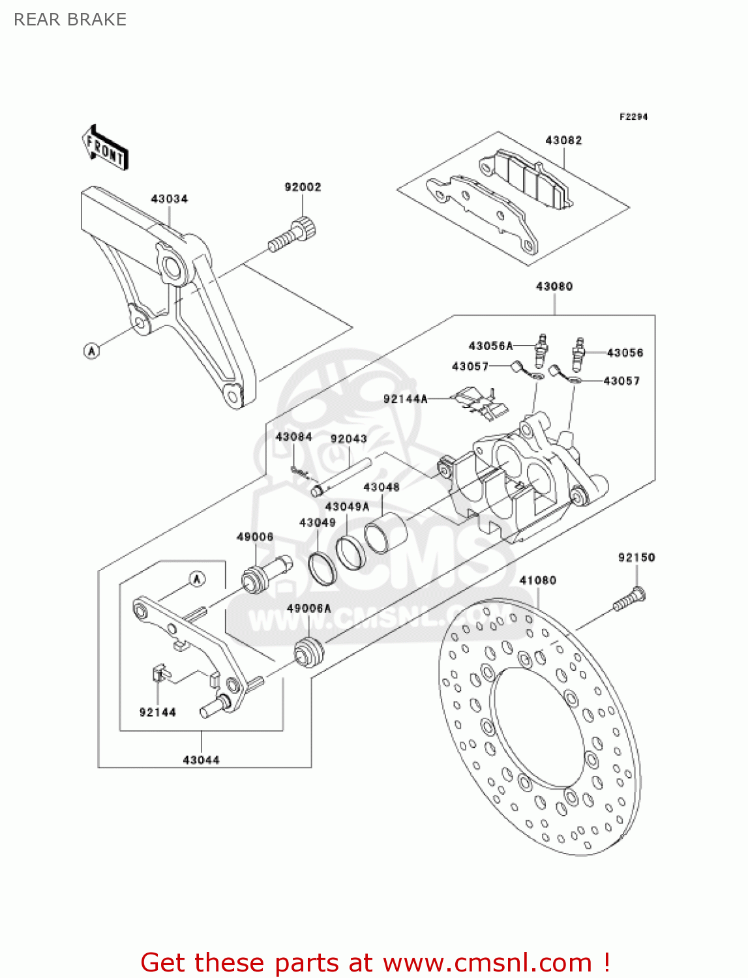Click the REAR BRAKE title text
(x=70, y=20)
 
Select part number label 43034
(x=169, y=198)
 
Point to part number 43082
(x=563, y=140)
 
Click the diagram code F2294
(x=633, y=117)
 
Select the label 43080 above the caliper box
(x=554, y=286)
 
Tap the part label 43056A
(x=490, y=346)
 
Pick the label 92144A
(x=405, y=398)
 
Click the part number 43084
(x=293, y=437)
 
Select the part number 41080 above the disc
(x=537, y=580)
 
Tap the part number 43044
(x=201, y=760)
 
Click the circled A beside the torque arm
(x=92, y=351)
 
